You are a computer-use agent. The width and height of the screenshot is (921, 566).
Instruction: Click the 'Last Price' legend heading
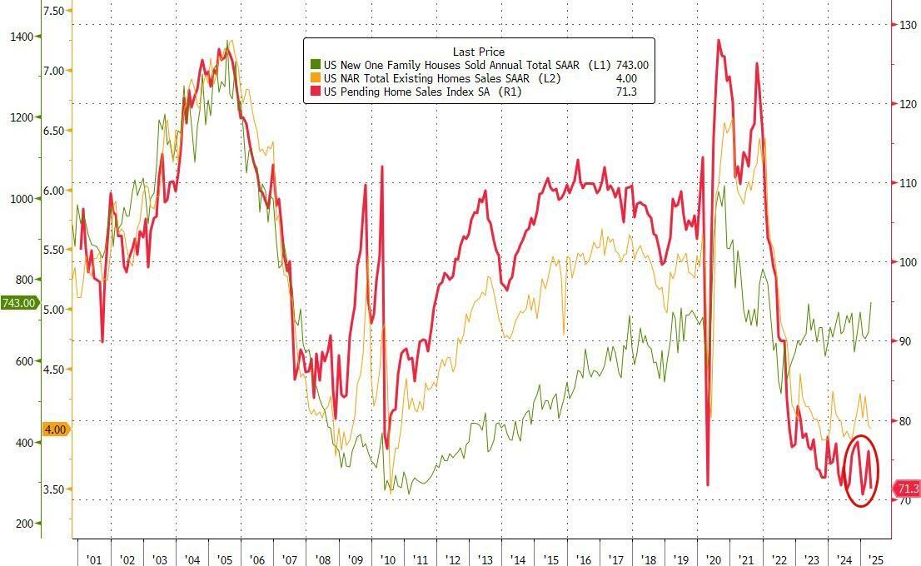tap(479, 52)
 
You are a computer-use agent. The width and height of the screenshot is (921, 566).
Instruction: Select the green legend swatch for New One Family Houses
tap(315, 65)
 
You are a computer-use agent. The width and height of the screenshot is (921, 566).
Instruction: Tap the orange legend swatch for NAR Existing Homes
tap(315, 78)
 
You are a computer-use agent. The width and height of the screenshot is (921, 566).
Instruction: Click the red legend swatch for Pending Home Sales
tap(315, 92)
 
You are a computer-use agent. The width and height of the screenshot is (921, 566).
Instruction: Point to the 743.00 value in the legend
tap(632, 65)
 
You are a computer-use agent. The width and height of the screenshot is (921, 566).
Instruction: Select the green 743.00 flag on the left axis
tap(18, 303)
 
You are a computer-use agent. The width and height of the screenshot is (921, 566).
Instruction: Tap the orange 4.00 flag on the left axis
tap(56, 429)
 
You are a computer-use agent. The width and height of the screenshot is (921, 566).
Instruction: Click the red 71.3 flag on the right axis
tap(905, 489)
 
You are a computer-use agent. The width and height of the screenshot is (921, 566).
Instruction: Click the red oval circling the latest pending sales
tap(862, 471)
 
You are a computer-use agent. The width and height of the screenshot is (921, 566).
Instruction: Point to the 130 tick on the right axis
tap(904, 25)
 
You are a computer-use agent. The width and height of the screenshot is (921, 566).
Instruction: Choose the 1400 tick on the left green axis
tap(22, 37)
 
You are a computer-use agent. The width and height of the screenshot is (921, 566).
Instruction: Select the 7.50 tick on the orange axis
tap(53, 11)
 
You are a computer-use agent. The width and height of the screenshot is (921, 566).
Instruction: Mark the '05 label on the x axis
tap(224, 561)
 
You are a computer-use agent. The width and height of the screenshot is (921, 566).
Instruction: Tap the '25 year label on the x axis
tap(875, 561)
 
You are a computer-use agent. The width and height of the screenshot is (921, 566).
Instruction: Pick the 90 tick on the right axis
tap(902, 341)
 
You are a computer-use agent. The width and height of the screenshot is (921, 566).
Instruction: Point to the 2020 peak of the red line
tap(719, 40)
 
